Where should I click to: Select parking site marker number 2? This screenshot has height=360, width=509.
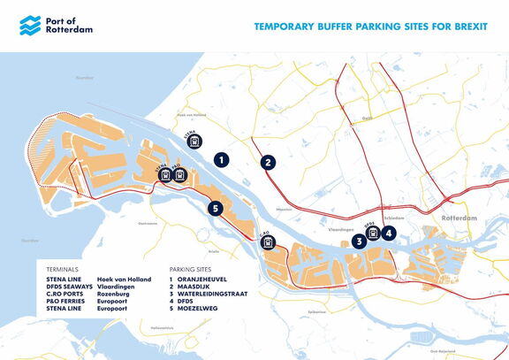point(268,162)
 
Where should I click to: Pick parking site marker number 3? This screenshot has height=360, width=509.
point(359,240)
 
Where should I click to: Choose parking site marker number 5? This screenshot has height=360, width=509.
point(215,209)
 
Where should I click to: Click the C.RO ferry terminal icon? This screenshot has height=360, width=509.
point(268,241)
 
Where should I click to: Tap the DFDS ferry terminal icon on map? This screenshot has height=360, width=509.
point(374,233)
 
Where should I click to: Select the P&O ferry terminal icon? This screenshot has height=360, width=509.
point(179,175)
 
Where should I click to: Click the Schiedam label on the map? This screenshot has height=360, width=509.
point(394,217)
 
